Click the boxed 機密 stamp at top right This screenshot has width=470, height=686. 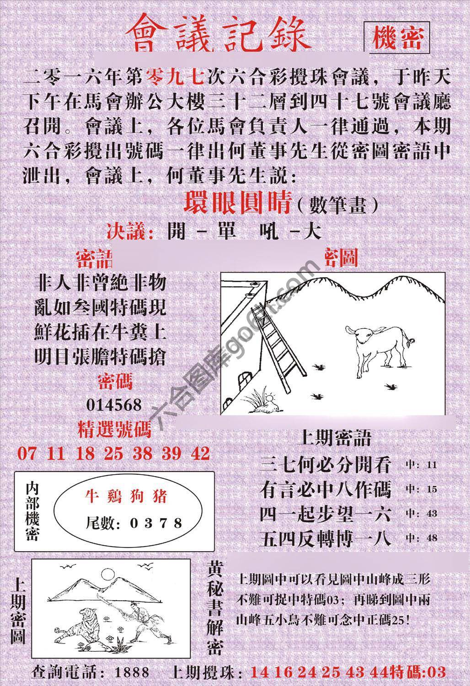397,38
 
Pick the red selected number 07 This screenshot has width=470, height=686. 27,453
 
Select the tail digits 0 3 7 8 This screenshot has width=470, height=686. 155,523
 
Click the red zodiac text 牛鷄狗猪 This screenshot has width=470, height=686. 127,497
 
